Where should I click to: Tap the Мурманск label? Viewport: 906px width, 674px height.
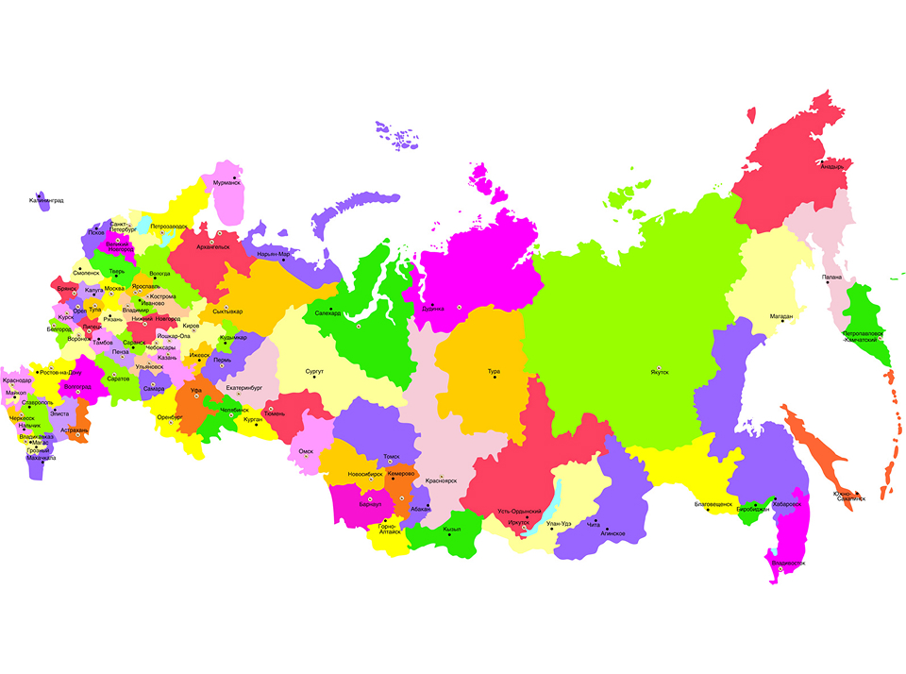point(226,182)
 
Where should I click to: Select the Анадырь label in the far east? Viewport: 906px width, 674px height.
point(831,167)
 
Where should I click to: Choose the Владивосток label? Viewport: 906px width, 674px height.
point(788,564)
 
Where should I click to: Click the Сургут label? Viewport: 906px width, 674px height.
point(314,371)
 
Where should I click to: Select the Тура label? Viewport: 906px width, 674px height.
point(494,371)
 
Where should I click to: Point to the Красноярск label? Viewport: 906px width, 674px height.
point(441,480)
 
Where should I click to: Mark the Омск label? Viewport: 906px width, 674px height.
point(305,451)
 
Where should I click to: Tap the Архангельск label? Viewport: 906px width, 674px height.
point(213,246)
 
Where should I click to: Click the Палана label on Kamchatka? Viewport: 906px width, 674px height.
point(831,277)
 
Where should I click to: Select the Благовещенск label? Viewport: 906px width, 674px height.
point(713,504)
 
